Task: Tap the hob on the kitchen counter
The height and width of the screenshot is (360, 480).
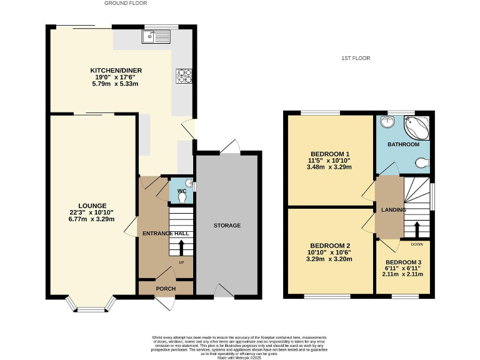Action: click(185, 76)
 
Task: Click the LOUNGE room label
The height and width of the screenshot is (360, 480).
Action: click(92, 206)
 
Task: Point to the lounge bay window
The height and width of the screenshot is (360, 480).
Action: click(92, 304)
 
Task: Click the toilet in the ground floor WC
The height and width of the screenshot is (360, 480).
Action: click(182, 197)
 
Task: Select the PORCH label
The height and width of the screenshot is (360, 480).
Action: click(166, 289)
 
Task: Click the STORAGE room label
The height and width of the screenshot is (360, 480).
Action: click(227, 226)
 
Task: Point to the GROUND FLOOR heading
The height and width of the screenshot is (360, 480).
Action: click(126, 3)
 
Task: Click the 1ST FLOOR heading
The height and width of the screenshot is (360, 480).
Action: click(356, 58)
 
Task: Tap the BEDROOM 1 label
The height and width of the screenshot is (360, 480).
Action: click(329, 154)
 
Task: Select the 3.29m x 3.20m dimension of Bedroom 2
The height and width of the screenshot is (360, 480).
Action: click(329, 259)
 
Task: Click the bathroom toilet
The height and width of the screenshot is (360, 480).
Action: click(423, 163)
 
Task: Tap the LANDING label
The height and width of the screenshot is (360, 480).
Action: click(389, 210)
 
